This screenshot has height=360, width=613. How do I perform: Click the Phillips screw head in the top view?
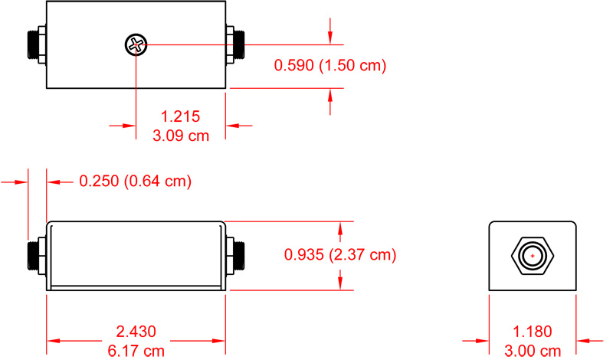[x=136, y=46]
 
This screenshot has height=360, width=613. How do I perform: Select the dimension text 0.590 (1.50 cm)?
[x=329, y=66]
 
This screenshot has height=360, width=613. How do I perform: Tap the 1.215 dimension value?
[x=180, y=116]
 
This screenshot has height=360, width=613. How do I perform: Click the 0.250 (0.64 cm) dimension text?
[x=135, y=182]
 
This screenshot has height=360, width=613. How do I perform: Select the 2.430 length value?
[x=136, y=332]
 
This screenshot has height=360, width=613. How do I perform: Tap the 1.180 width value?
[x=532, y=332]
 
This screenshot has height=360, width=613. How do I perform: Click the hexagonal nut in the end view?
[x=532, y=256]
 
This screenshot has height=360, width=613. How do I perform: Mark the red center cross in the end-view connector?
[x=532, y=256]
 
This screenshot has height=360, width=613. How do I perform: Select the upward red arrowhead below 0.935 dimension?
[x=339, y=283]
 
